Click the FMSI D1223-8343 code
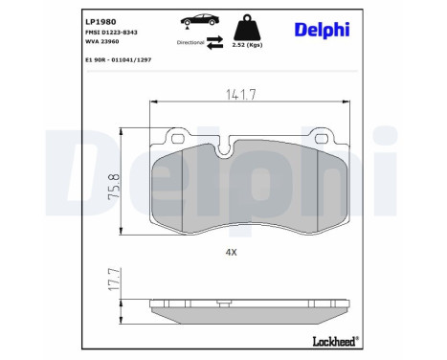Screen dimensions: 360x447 110,34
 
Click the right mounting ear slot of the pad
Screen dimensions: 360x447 290,138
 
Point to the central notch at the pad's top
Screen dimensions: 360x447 227,147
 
